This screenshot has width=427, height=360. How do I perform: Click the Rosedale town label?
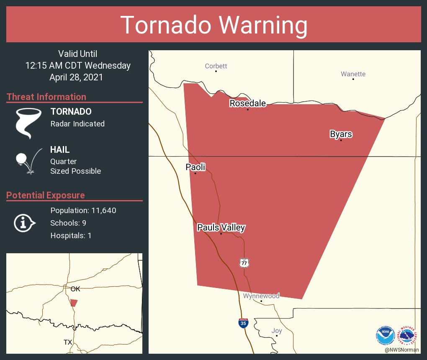pyautogui.click(x=247, y=103)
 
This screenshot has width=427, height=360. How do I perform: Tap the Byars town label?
pyautogui.click(x=341, y=134)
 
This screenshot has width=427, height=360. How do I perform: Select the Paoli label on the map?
pyautogui.click(x=195, y=167)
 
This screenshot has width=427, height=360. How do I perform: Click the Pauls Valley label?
pyautogui.click(x=221, y=228)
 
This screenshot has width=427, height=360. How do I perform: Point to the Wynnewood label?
pyautogui.click(x=261, y=296)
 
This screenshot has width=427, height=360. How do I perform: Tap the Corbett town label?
pyautogui.click(x=216, y=66)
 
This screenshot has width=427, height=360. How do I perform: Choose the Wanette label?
pyautogui.click(x=353, y=74)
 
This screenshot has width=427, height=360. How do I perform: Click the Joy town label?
pyautogui.click(x=276, y=330)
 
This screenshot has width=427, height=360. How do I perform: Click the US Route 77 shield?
pyautogui.click(x=244, y=263)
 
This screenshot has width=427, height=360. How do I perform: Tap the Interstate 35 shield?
pyautogui.click(x=243, y=323)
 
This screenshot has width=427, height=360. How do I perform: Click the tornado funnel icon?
pyautogui.click(x=28, y=123)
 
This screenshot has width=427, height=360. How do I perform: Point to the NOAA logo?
pyautogui.click(x=386, y=335)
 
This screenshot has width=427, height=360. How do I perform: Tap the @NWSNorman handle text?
pyautogui.click(x=402, y=350)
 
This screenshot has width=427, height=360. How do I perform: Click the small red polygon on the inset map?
pyautogui.click(x=74, y=303)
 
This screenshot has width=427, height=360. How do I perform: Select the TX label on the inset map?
pyautogui.click(x=68, y=342)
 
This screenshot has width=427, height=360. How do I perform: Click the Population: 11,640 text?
pyautogui.click(x=83, y=210)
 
